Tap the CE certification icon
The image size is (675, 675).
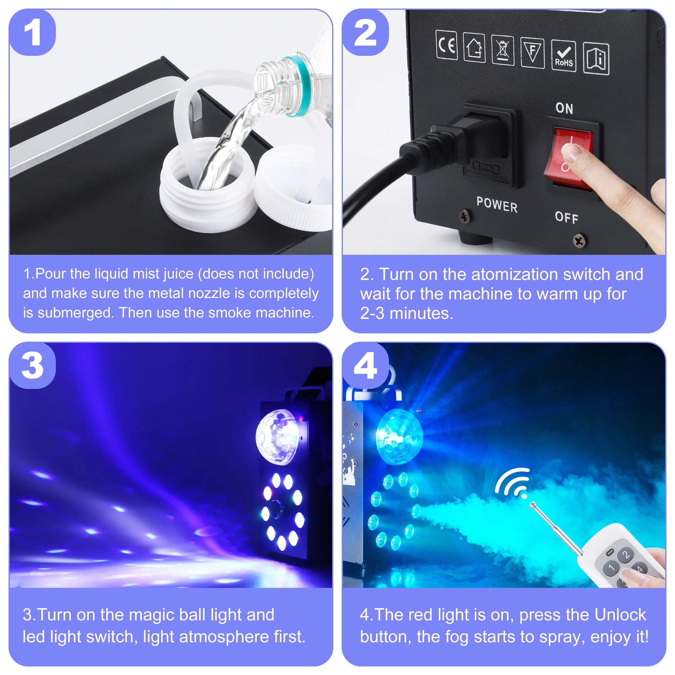click(x=447, y=45)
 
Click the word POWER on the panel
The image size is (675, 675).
click(x=497, y=205)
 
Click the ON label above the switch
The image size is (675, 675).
click(x=564, y=108)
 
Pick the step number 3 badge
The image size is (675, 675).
click(x=32, y=366)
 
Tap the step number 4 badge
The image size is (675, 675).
click(x=366, y=366)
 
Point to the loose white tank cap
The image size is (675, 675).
click(x=293, y=189)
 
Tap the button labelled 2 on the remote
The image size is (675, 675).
click(x=626, y=555)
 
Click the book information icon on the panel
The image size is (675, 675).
click(x=596, y=59)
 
